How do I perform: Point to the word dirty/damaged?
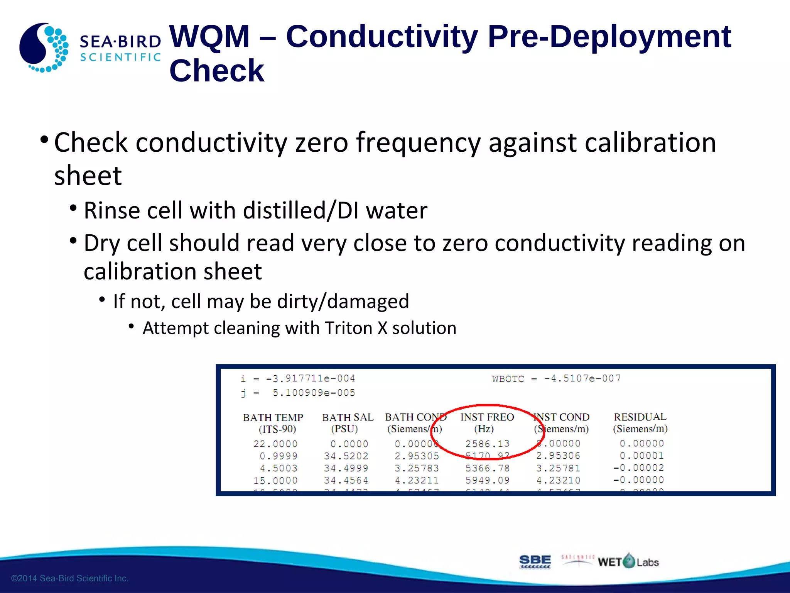tap(368, 301)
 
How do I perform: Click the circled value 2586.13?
tap(487, 444)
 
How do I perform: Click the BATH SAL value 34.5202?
tap(346, 456)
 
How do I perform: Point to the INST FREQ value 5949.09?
tap(487, 480)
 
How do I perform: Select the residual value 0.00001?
tap(641, 456)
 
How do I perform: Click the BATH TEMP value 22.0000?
tap(275, 444)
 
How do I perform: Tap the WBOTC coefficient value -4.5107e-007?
tap(582, 378)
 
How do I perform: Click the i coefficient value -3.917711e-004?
tap(310, 378)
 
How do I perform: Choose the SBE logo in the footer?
tap(535, 561)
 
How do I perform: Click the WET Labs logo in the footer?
tap(628, 561)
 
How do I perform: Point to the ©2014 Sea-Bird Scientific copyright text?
tap(70, 578)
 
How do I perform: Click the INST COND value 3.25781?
tap(558, 468)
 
